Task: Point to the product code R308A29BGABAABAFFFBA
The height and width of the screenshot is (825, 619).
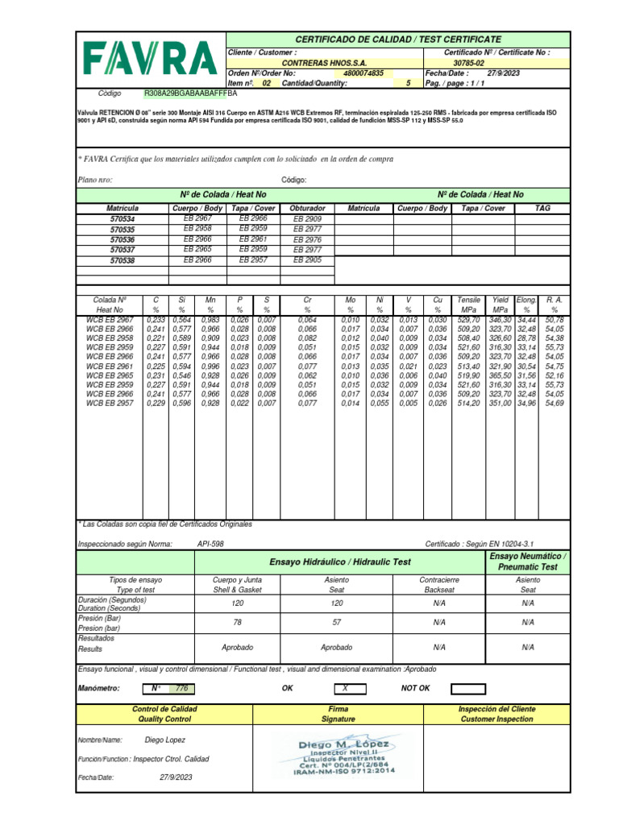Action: point(192,93)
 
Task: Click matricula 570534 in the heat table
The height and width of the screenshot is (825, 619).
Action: point(123,219)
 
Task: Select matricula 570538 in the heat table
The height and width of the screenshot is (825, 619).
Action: point(123,261)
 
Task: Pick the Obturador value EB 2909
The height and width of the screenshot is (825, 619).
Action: point(307,219)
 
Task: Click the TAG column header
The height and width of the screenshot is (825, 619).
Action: point(542,208)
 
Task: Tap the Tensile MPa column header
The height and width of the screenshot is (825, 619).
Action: point(468,304)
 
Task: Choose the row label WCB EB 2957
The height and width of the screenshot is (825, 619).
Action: point(110,403)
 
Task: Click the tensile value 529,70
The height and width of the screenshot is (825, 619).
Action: point(468,320)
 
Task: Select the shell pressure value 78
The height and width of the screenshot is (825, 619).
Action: point(237,622)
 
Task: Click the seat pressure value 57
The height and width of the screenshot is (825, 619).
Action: point(337,622)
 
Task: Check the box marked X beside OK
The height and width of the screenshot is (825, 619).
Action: point(345,689)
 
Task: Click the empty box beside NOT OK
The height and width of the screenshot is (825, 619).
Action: point(468,689)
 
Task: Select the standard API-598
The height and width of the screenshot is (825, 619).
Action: point(210,545)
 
